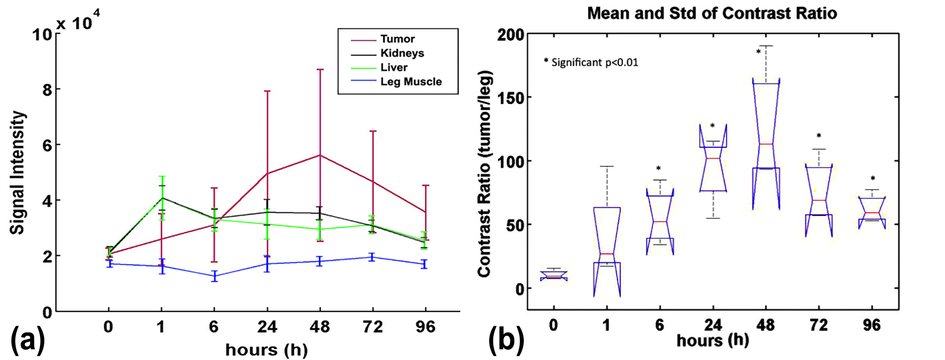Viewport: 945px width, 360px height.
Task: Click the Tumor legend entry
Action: click(x=397, y=39)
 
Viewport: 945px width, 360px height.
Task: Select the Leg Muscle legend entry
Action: click(x=411, y=82)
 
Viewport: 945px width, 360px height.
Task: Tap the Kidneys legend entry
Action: click(x=402, y=53)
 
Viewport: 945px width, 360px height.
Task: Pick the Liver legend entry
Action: click(x=394, y=67)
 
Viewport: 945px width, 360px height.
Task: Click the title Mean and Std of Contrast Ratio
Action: click(x=712, y=13)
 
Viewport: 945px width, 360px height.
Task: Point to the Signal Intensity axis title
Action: click(x=18, y=173)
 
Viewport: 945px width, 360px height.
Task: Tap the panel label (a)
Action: click(x=28, y=341)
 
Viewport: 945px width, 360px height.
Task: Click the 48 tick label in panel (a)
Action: click(x=319, y=326)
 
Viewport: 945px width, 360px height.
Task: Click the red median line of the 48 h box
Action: click(x=766, y=144)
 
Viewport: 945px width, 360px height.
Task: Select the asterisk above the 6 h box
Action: click(x=658, y=169)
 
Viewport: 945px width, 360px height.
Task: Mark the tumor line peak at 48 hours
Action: click(x=320, y=155)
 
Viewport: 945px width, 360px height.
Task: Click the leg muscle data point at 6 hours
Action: click(x=215, y=276)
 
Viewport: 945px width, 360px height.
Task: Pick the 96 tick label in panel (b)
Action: click(x=872, y=325)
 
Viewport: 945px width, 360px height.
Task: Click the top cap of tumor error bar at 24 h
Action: click(x=267, y=91)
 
